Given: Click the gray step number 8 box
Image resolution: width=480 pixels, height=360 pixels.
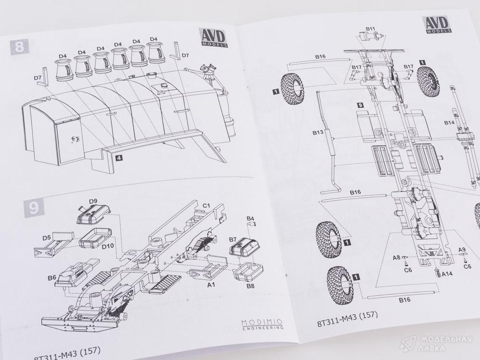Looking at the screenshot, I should pyautogui.click(x=20, y=48).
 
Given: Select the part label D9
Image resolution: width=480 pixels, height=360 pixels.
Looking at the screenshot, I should pyautogui.click(x=93, y=201).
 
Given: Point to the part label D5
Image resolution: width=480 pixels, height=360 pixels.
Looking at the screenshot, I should pyautogui.click(x=47, y=238).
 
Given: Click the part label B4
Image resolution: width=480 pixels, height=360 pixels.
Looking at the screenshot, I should pyautogui.click(x=250, y=218).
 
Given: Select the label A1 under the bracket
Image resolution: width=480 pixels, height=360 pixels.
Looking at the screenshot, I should pyautogui.click(x=211, y=284).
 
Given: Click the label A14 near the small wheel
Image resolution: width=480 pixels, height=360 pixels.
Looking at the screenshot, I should pyautogui.click(x=448, y=274).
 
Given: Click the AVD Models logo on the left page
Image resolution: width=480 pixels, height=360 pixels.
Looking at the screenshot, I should pyautogui.click(x=214, y=38).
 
